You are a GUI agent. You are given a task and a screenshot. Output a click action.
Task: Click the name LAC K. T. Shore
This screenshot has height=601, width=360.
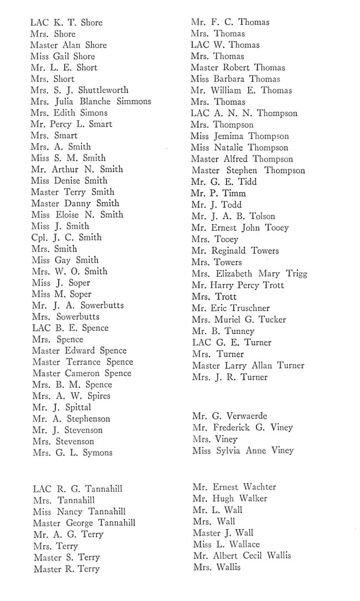(66, 23)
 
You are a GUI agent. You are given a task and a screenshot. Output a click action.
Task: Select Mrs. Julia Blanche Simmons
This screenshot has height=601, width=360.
(91, 101)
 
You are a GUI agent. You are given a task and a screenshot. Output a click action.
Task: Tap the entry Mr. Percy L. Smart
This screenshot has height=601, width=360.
(71, 124)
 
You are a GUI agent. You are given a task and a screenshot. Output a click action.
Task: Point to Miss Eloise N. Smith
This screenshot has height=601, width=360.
(78, 215)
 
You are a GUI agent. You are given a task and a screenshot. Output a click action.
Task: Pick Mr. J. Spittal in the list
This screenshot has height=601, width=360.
(61, 407)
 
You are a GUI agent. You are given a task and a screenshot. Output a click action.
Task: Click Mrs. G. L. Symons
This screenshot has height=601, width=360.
(73, 453)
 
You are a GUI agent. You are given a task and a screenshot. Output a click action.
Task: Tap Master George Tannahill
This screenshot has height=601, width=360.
(84, 523)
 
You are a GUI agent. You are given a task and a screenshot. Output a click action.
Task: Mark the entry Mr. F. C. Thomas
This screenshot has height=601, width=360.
(230, 23)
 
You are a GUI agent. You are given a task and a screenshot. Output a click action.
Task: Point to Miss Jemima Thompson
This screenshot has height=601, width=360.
(240, 136)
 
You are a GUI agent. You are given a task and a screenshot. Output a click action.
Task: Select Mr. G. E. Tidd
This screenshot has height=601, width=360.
(224, 182)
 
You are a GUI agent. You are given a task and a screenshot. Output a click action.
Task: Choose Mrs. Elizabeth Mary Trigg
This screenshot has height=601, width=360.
(249, 274)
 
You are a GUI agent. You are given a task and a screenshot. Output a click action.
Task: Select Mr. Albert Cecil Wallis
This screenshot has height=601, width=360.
(241, 556)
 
